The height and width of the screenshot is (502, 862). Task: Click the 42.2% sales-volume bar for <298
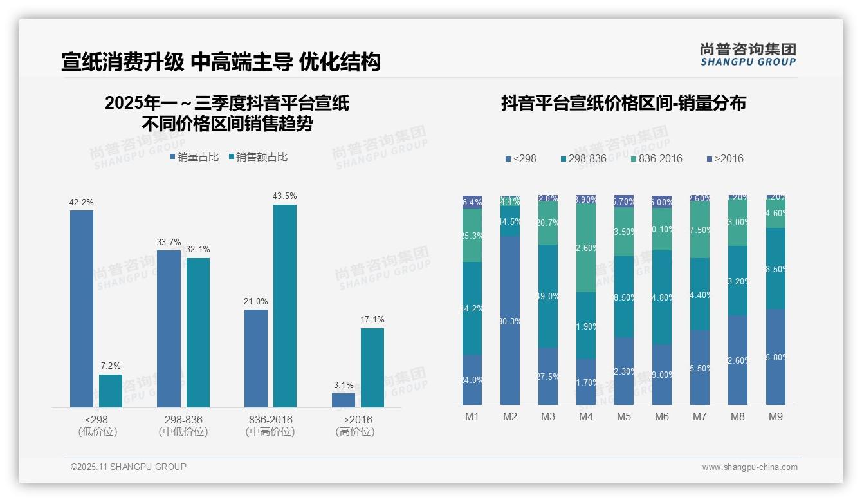[x=82, y=309]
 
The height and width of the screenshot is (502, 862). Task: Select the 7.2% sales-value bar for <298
[x=111, y=391]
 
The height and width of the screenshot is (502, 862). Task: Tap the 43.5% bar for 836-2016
[x=285, y=306]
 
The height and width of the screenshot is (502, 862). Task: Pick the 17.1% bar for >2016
[x=372, y=367]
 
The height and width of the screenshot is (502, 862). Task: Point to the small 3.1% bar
[x=344, y=400]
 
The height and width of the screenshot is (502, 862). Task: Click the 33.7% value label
[x=169, y=242]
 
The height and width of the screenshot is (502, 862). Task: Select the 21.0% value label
[x=256, y=301]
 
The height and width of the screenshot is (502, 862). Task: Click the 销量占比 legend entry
[x=194, y=157]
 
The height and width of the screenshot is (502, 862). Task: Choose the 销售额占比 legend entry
[x=257, y=157]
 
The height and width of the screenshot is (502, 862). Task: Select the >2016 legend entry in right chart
[x=725, y=158]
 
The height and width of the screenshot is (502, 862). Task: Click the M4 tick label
[x=586, y=416]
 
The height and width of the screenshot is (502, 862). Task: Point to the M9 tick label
[x=776, y=416]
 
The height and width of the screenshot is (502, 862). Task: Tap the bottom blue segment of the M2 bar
[x=510, y=320]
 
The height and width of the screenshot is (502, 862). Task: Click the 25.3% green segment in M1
[x=472, y=235]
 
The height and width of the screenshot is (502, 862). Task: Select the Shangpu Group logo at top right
[x=748, y=54]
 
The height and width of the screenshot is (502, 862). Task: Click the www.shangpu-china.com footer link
[x=749, y=467]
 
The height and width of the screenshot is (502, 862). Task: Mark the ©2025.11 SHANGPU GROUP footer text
[x=129, y=467]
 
